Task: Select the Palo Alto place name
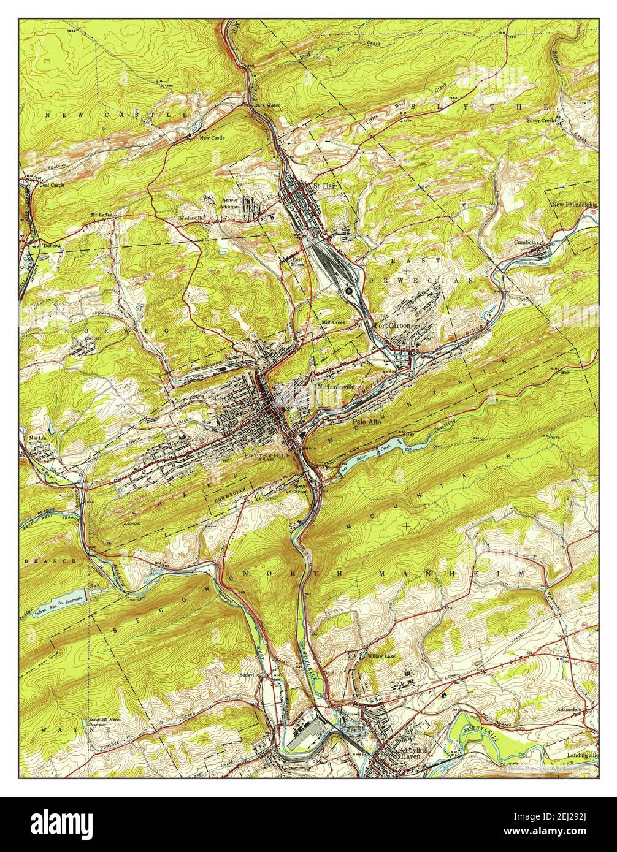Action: pyautogui.click(x=367, y=422)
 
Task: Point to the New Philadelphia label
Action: pyautogui.click(x=574, y=205)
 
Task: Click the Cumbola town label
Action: pyautogui.click(x=526, y=242)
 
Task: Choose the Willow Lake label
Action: pyautogui.click(x=382, y=656)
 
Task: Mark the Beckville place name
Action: pyautogui.click(x=250, y=674)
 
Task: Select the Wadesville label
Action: pyautogui.click(x=191, y=218)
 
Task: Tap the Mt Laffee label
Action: pyautogui.click(x=102, y=215)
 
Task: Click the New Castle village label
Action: pyautogui.click(x=212, y=138)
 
